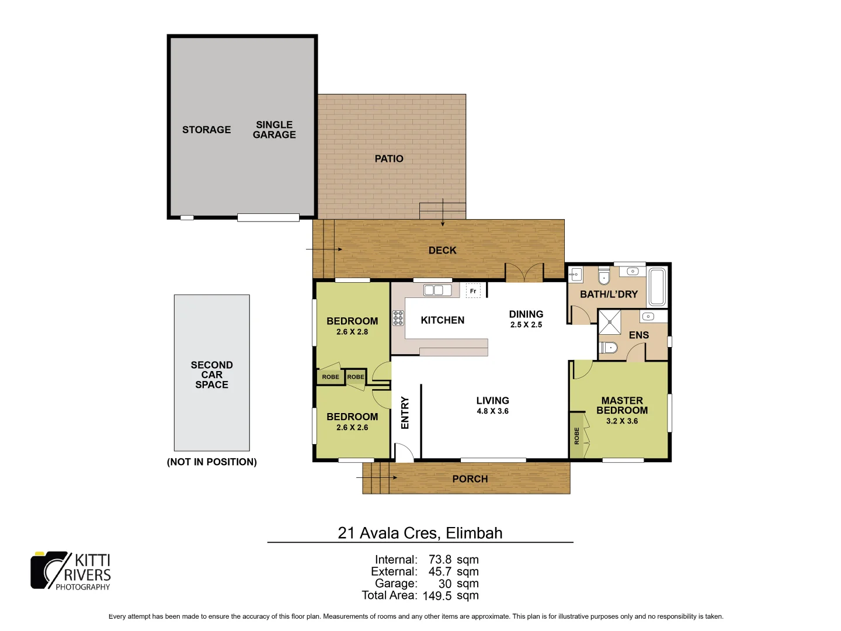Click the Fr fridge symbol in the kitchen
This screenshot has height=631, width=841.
[473, 291]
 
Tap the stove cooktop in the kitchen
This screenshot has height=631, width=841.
[398, 318]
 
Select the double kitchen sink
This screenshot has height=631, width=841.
[437, 290]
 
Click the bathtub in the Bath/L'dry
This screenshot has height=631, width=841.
[657, 287]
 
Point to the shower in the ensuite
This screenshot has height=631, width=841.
[610, 322]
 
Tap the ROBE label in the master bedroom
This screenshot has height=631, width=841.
[576, 436]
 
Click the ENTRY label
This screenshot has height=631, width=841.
[405, 413]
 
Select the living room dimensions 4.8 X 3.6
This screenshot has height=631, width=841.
[492, 411]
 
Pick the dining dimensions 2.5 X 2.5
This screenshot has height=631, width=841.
[526, 325]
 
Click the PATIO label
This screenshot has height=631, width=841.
[389, 159]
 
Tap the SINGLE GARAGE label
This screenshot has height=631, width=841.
[274, 130]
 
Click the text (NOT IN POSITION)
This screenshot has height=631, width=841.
[211, 462]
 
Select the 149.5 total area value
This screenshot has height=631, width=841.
[437, 596]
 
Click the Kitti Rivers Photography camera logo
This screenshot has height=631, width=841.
[50, 570]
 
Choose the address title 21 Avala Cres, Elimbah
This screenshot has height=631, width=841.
[420, 533]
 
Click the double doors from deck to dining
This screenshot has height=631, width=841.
[524, 273]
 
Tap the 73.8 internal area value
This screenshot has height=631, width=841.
[440, 560]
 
